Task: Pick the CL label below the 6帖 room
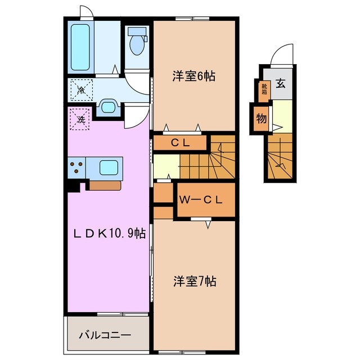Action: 180,143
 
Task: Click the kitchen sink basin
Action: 109,167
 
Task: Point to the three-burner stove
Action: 77,167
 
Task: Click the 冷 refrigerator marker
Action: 81,89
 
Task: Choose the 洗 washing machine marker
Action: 80,119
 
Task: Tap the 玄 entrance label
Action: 281,85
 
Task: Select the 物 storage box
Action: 261,119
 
